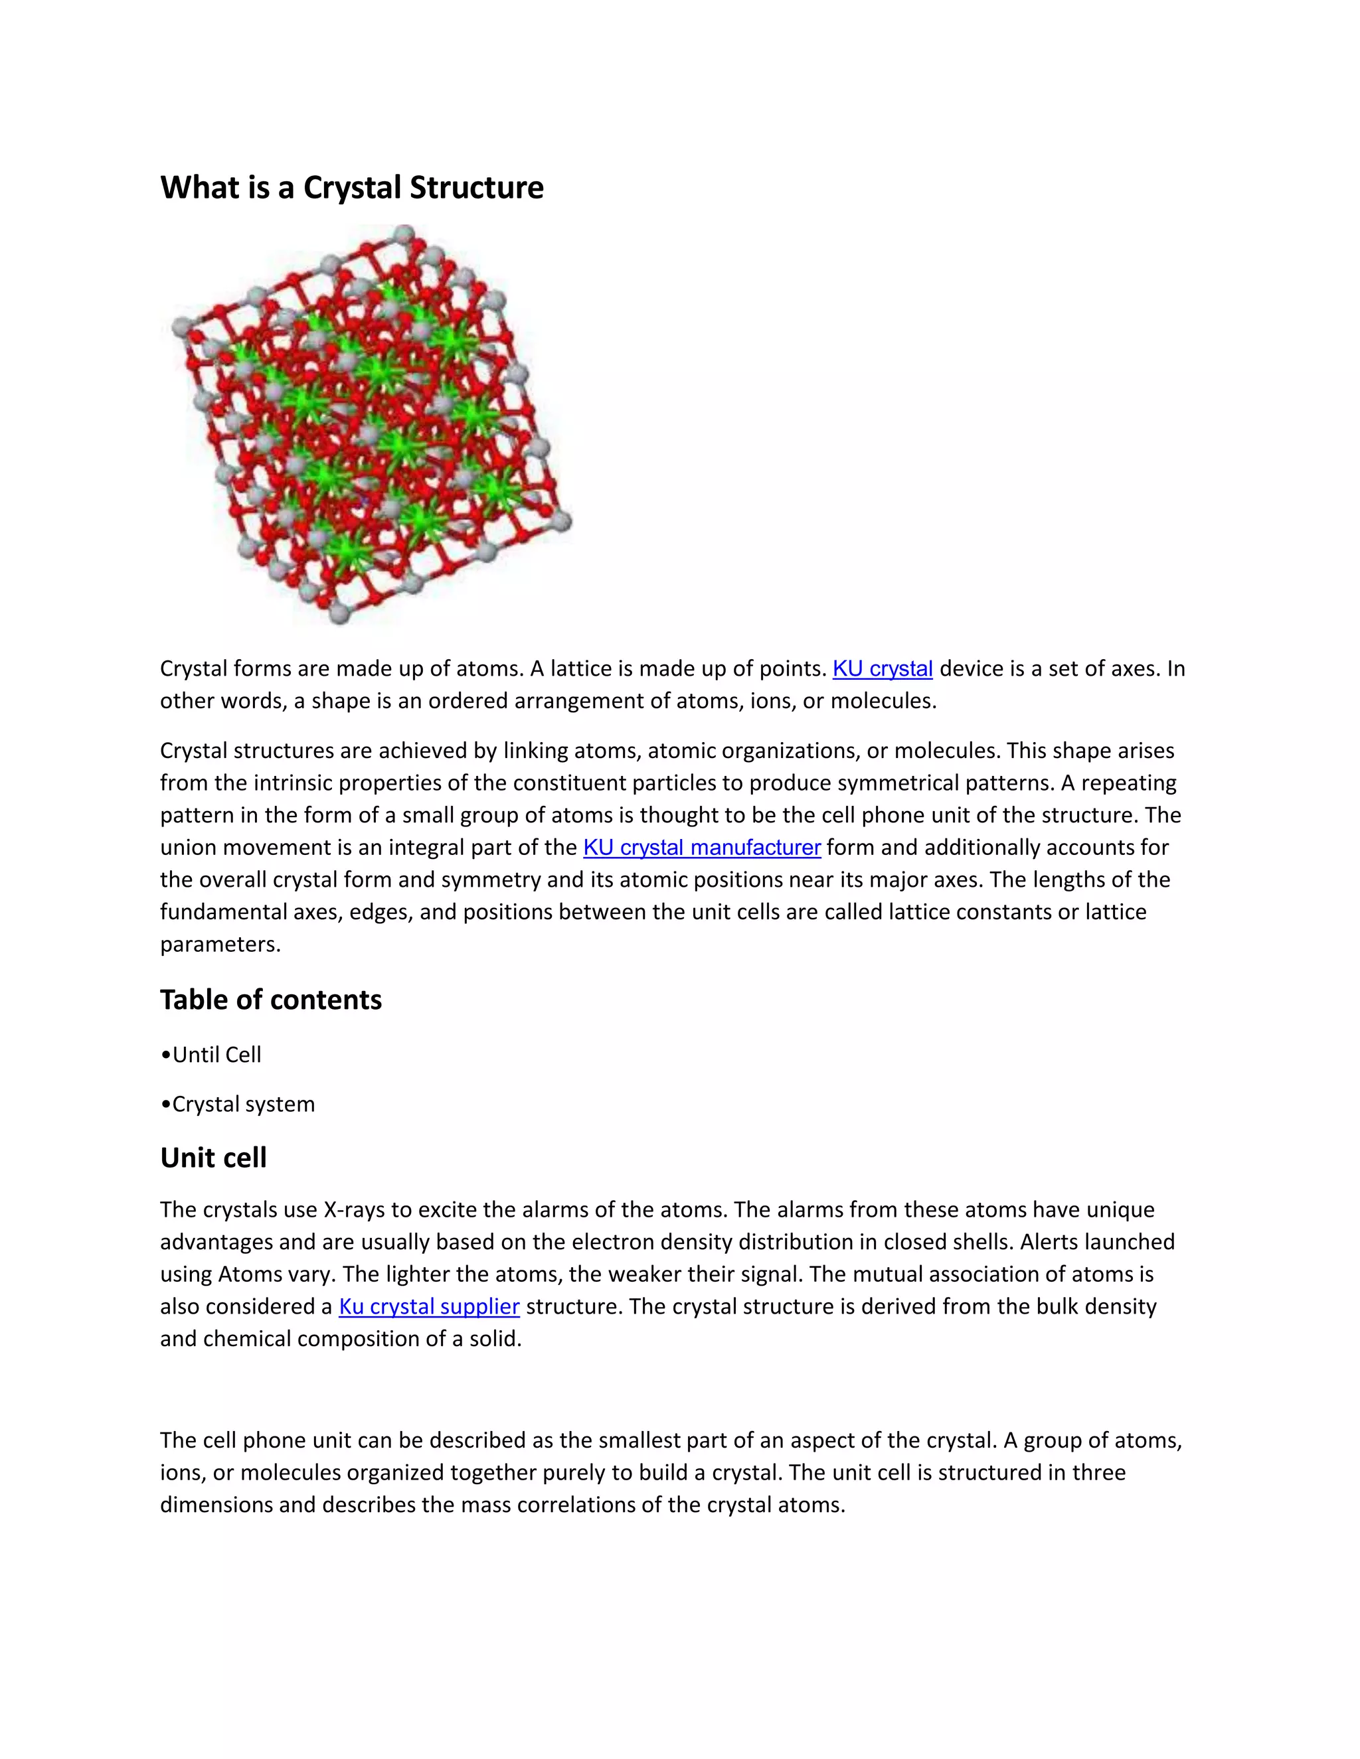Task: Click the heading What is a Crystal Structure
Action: point(351,188)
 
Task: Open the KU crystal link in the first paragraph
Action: point(883,668)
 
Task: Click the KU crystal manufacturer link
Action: point(702,847)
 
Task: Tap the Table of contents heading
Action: point(271,1000)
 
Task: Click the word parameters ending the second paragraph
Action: point(219,944)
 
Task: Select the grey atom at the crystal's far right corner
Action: point(560,520)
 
